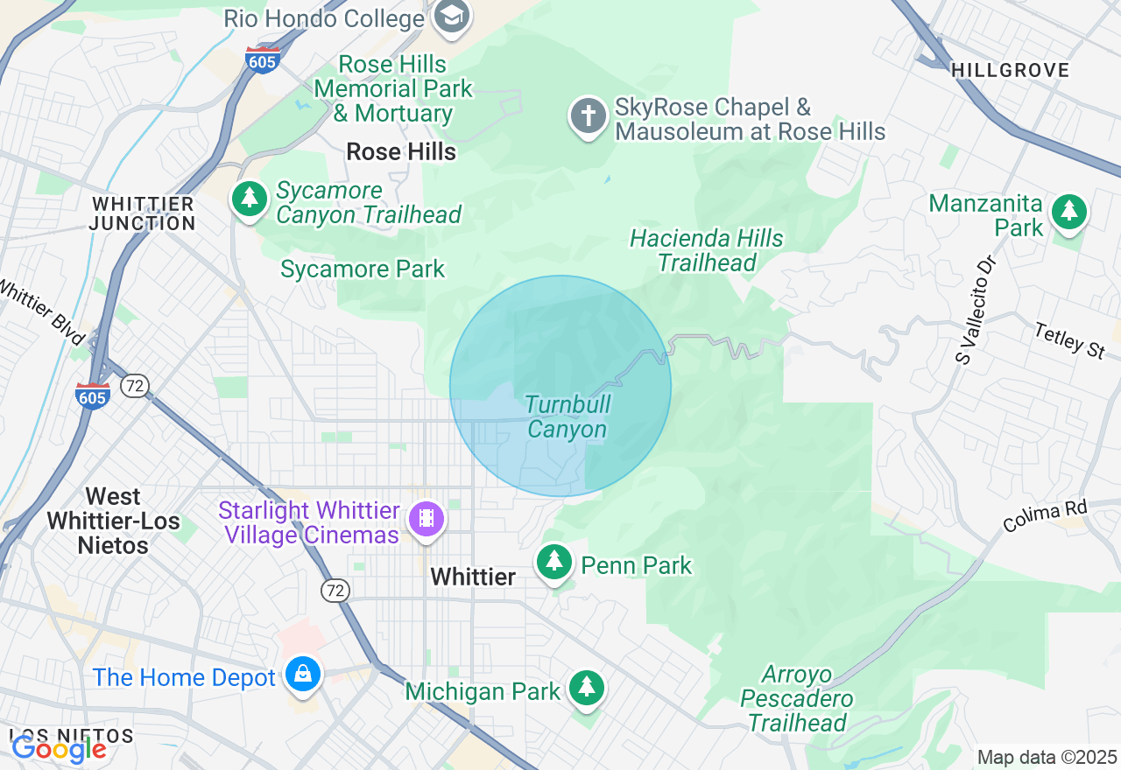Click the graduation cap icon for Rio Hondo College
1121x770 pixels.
point(452,16)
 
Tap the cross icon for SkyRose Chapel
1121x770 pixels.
point(589,117)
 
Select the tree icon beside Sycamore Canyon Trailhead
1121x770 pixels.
point(250,199)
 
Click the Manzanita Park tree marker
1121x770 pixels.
point(1068,212)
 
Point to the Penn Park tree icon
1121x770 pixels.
point(553,561)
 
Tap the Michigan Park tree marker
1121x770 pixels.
point(586,688)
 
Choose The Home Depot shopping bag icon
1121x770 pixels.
point(303,675)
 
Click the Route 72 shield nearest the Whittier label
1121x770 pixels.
point(334,591)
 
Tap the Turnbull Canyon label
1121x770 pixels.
point(568,417)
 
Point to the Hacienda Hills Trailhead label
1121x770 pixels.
point(707,251)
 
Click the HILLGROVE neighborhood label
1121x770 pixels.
point(1010,71)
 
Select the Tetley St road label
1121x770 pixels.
point(1069,340)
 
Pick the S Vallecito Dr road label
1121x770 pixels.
point(976,309)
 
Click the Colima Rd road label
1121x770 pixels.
point(1044,515)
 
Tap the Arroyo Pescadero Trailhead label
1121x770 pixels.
point(796,699)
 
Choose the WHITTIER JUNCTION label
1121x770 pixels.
point(143,213)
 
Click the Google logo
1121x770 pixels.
point(59,749)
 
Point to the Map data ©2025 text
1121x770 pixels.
point(1047,757)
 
